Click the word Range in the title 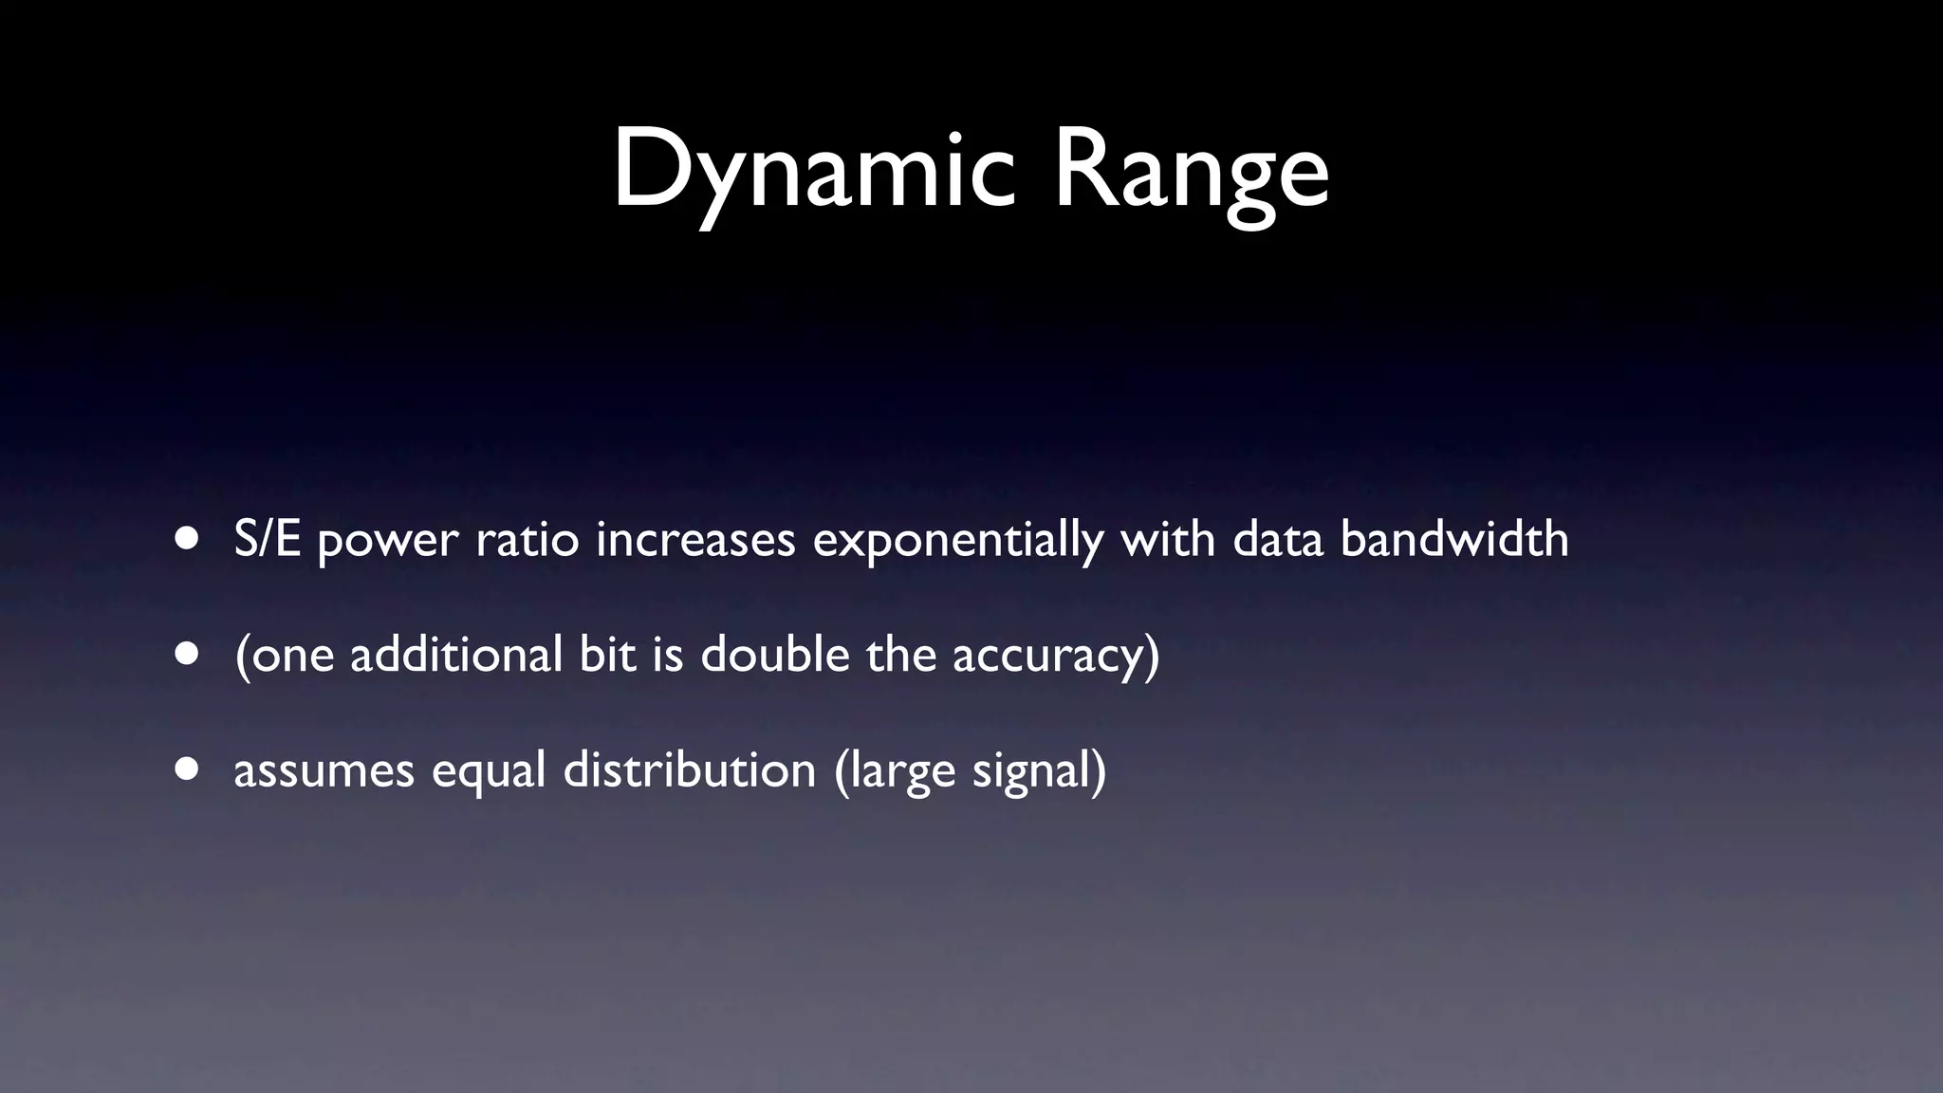[x=1191, y=171]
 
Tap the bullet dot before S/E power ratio [x=187, y=538]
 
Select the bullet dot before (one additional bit [x=187, y=654]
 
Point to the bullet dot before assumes [x=187, y=769]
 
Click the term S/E [x=268, y=539]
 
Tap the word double [x=774, y=654]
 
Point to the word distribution [x=690, y=769]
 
